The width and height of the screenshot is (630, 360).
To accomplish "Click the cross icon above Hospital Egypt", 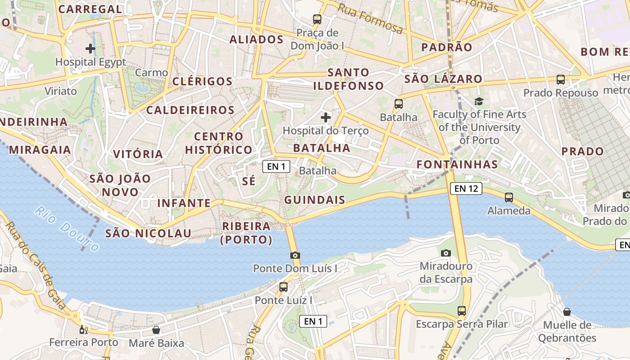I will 90,48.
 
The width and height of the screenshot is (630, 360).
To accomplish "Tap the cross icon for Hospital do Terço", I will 326,117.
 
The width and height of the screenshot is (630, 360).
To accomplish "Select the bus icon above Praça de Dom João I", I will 317,19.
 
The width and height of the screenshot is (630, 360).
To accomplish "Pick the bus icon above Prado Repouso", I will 561,80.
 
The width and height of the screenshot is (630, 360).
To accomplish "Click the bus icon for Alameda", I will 509,198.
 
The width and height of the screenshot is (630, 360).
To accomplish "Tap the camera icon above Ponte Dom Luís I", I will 295,255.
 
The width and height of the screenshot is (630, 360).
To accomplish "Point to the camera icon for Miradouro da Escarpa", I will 446,253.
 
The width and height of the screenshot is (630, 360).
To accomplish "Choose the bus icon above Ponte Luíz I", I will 283,287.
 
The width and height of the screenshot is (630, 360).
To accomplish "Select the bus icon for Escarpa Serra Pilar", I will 462,310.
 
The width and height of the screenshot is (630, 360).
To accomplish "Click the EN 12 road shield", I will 466,189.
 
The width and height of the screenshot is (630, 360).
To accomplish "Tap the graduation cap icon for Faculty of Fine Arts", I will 479,102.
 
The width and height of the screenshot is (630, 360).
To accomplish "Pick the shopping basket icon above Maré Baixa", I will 156,330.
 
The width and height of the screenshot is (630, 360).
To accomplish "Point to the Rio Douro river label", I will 67,228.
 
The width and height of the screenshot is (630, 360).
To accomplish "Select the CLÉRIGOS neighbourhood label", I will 202,81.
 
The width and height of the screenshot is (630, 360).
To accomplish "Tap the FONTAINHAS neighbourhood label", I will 457,164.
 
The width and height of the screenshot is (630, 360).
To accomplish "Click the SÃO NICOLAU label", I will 148,233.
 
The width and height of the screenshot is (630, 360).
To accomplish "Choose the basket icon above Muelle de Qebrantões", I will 567,311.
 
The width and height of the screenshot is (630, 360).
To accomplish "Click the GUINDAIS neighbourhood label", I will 315,200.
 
